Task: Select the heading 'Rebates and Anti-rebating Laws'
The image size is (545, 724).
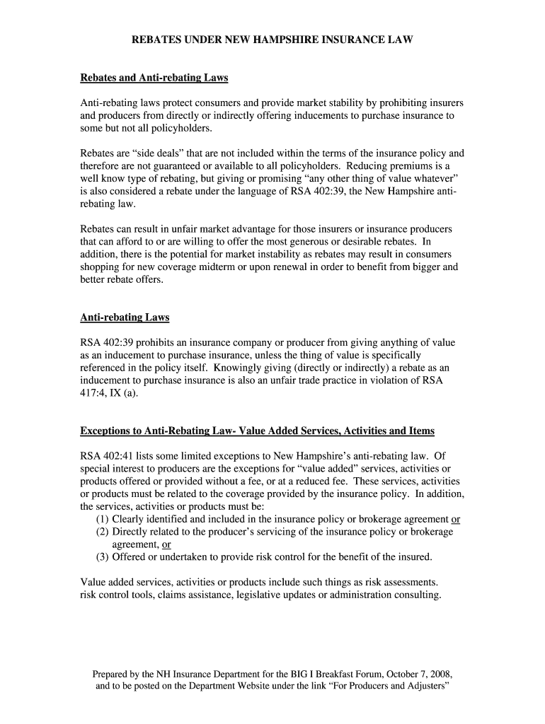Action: click(x=154, y=77)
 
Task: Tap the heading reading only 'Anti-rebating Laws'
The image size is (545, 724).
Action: click(x=125, y=317)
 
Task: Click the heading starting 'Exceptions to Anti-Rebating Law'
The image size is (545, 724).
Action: click(x=257, y=431)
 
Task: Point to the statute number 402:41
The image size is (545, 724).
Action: click(x=118, y=456)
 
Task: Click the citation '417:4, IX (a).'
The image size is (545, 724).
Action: click(x=109, y=394)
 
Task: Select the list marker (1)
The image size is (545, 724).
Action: click(x=103, y=519)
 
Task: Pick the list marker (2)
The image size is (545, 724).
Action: click(x=103, y=532)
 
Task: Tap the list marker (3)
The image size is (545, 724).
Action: click(x=103, y=557)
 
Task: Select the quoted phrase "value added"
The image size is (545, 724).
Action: click(x=332, y=469)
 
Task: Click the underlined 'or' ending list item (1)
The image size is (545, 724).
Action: click(x=456, y=519)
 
